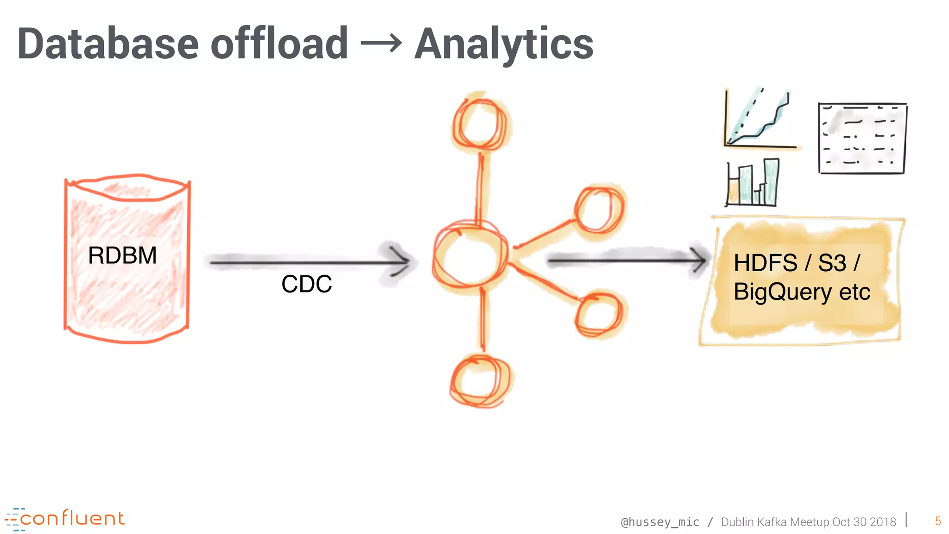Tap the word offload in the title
[279, 44]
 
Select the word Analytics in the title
[504, 44]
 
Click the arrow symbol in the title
[381, 44]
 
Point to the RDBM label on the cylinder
[122, 255]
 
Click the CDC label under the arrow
[307, 284]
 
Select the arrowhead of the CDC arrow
[399, 261]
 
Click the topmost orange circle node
[480, 123]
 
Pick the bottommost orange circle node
[481, 381]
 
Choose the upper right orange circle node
[599, 210]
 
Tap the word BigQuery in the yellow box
[783, 292]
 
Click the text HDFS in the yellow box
[765, 263]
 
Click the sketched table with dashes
[862, 138]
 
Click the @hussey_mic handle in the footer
[660, 522]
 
